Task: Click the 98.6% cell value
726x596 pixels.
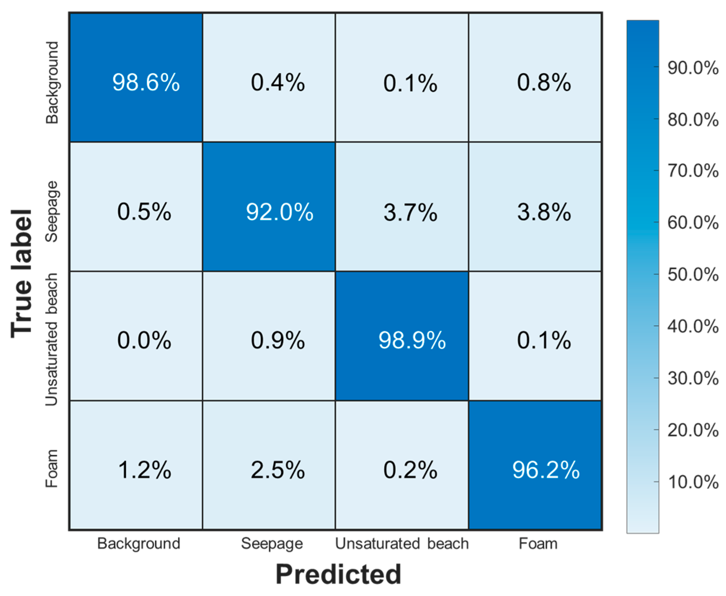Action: click(x=146, y=82)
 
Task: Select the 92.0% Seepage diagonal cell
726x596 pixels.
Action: click(x=279, y=212)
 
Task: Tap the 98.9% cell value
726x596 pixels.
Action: click(x=412, y=340)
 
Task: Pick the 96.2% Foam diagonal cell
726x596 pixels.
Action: click(x=545, y=470)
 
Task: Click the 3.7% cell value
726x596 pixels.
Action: click(x=410, y=212)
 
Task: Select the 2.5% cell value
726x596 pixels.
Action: click(x=277, y=470)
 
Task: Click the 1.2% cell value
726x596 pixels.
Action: click(x=144, y=470)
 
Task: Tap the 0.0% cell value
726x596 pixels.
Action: click(x=144, y=340)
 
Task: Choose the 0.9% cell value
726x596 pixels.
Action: click(x=277, y=340)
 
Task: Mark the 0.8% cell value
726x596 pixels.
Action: click(x=544, y=82)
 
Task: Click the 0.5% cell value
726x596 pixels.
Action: click(x=144, y=212)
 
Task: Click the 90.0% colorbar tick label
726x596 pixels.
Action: click(x=692, y=68)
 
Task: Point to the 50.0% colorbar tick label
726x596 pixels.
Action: click(x=692, y=274)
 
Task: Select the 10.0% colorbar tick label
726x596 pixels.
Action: click(x=692, y=482)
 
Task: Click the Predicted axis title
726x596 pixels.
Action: click(x=338, y=574)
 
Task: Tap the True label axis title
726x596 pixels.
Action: click(x=22, y=274)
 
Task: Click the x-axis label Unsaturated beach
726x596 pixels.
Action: click(x=402, y=543)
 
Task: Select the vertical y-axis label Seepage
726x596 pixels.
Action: click(x=52, y=212)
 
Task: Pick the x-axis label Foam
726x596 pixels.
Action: click(x=538, y=543)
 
